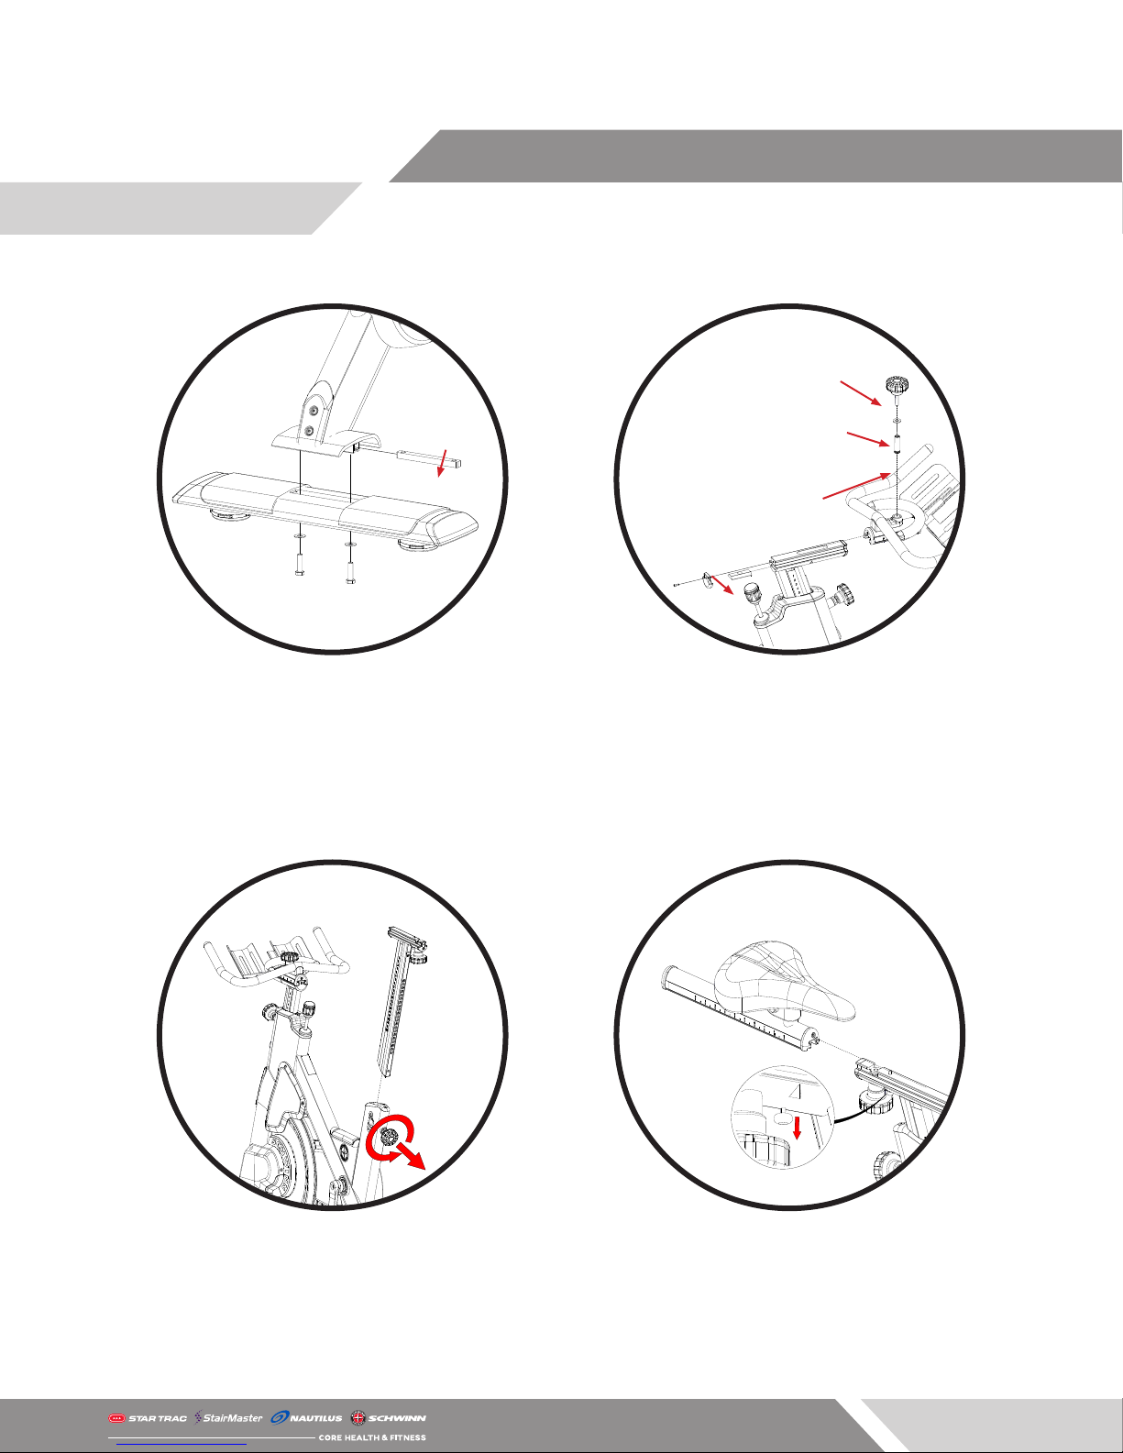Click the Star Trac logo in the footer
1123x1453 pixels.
pyautogui.click(x=147, y=1417)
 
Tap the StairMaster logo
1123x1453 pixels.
pyautogui.click(x=228, y=1417)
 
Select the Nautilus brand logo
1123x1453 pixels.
pyautogui.click(x=307, y=1417)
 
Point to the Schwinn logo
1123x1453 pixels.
pyautogui.click(x=389, y=1417)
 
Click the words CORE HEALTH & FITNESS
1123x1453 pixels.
pyautogui.click(x=372, y=1436)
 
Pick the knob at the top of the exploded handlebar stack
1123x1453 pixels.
pyautogui.click(x=895, y=386)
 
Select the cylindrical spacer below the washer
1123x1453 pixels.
pyautogui.click(x=895, y=444)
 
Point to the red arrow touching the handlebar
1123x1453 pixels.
pyautogui.click(x=856, y=486)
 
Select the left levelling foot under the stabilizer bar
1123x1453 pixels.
pyautogui.click(x=226, y=516)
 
